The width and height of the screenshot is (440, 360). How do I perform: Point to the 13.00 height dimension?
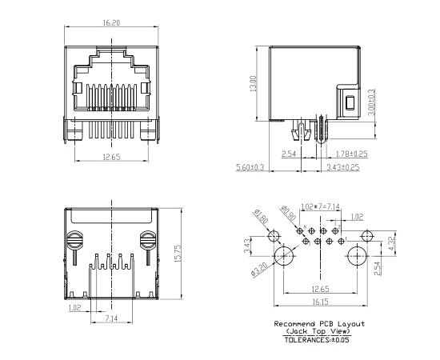(x=254, y=84)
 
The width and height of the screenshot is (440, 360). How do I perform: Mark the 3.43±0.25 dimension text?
(x=342, y=167)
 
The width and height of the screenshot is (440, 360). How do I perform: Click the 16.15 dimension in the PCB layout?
(x=320, y=302)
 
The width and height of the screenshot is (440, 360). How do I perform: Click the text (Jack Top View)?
(x=319, y=330)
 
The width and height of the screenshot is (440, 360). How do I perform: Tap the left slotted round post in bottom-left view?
(x=76, y=239)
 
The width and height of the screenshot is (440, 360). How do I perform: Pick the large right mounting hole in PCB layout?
(x=357, y=257)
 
